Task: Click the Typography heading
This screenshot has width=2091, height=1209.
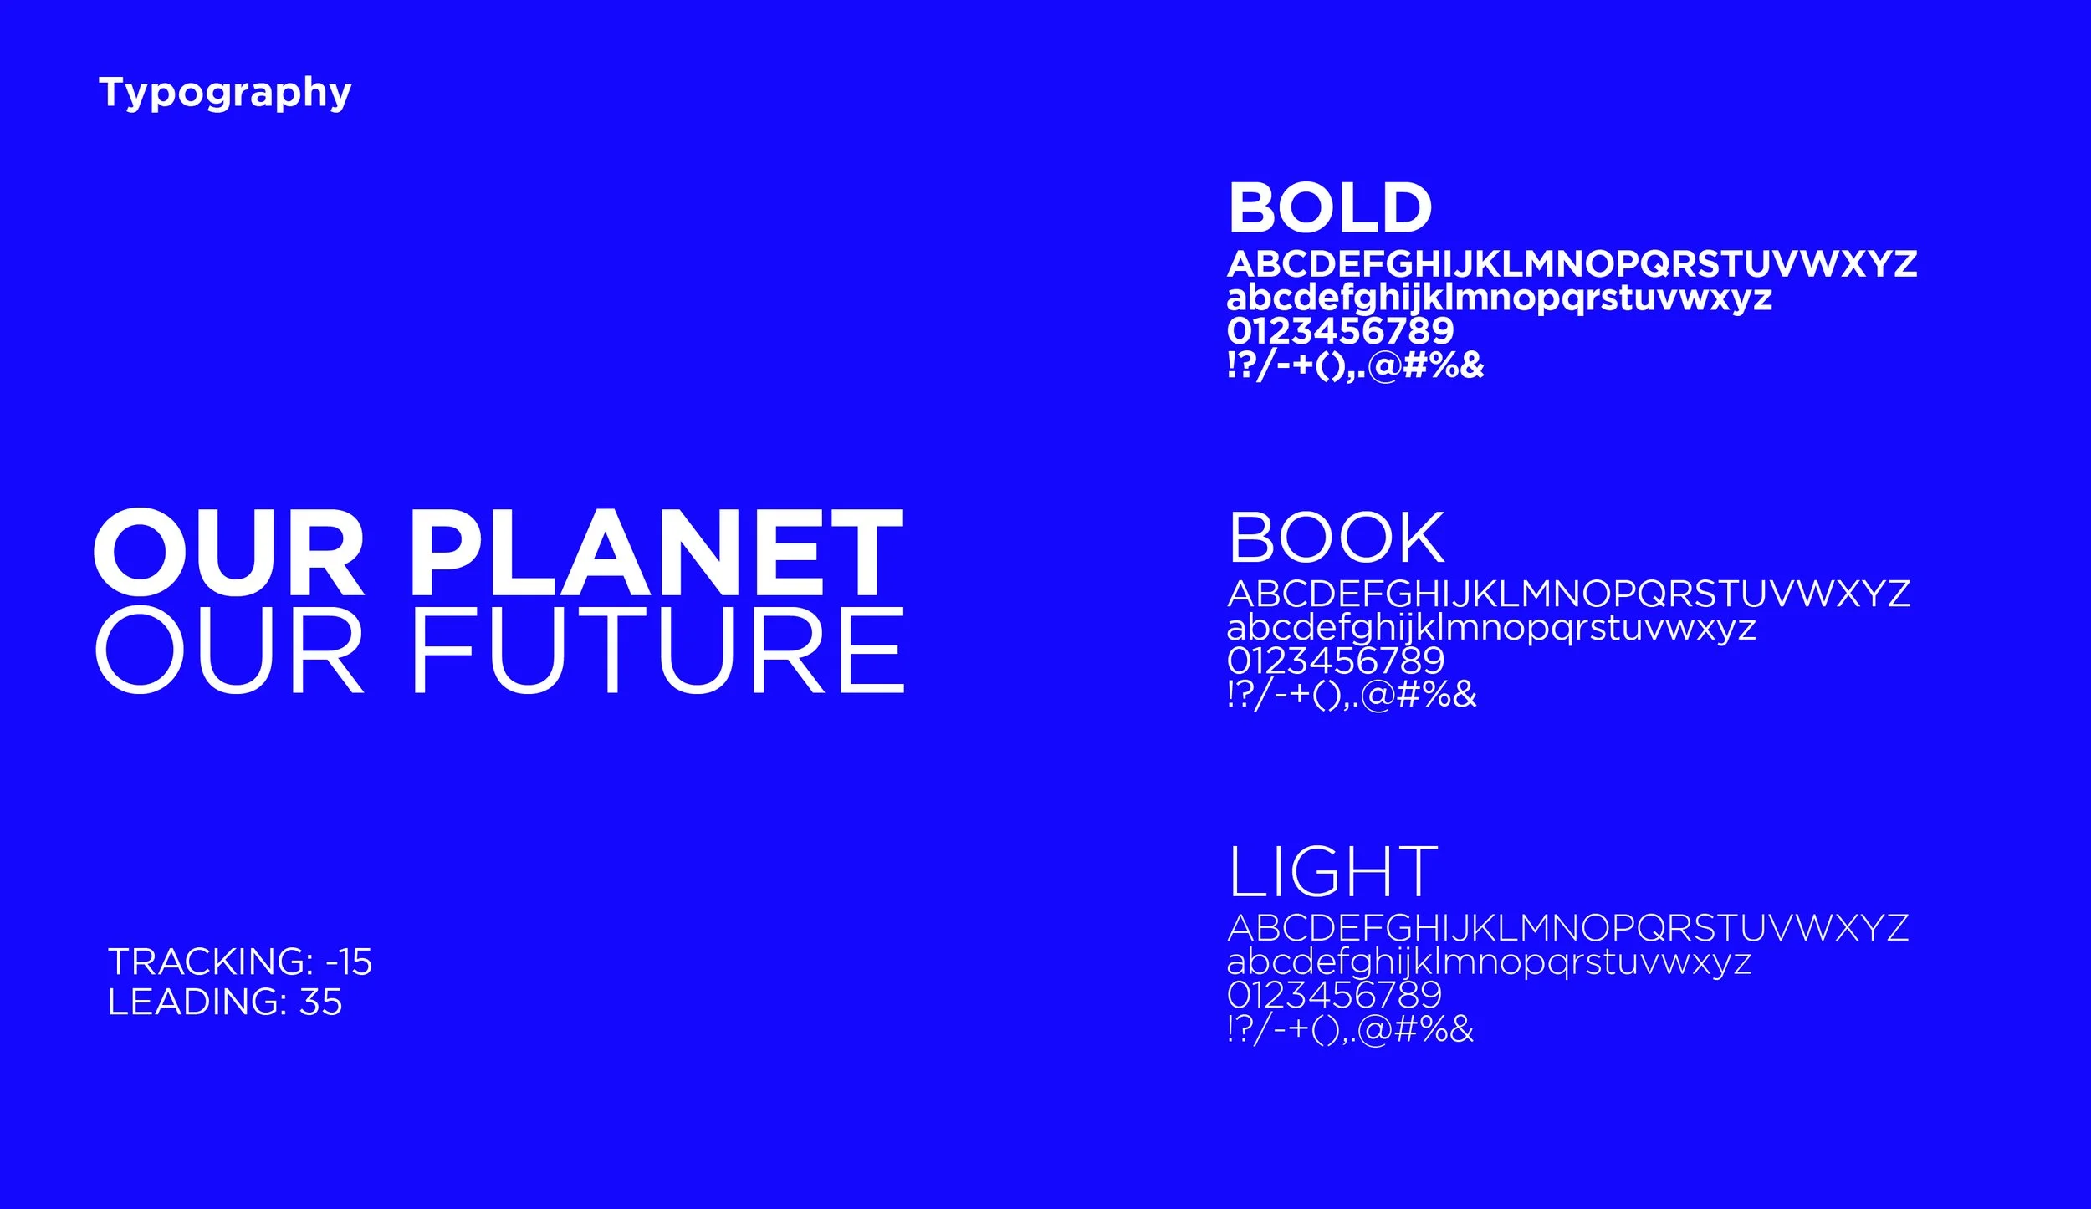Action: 225,93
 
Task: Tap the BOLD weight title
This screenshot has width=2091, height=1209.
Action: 1330,208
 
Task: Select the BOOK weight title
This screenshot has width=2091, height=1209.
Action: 1336,538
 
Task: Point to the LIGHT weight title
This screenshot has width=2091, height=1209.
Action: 1332,872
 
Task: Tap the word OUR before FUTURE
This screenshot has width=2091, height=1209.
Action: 229,651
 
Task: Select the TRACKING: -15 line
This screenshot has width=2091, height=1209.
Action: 240,962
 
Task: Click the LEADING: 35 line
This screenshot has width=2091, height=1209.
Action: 225,1002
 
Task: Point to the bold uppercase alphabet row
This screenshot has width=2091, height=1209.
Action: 1572,264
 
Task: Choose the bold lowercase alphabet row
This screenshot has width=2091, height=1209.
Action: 1499,298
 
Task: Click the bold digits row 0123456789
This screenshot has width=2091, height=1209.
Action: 1340,331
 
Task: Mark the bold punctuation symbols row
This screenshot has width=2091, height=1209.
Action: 1355,365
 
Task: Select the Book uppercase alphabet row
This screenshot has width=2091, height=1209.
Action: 1568,594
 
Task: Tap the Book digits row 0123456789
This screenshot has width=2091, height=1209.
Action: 1336,661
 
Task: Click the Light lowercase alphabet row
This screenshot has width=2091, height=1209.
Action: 1489,962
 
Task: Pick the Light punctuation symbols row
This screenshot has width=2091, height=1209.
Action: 1350,1029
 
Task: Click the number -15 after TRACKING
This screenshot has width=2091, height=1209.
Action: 349,962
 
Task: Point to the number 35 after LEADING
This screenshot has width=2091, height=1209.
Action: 320,1002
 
